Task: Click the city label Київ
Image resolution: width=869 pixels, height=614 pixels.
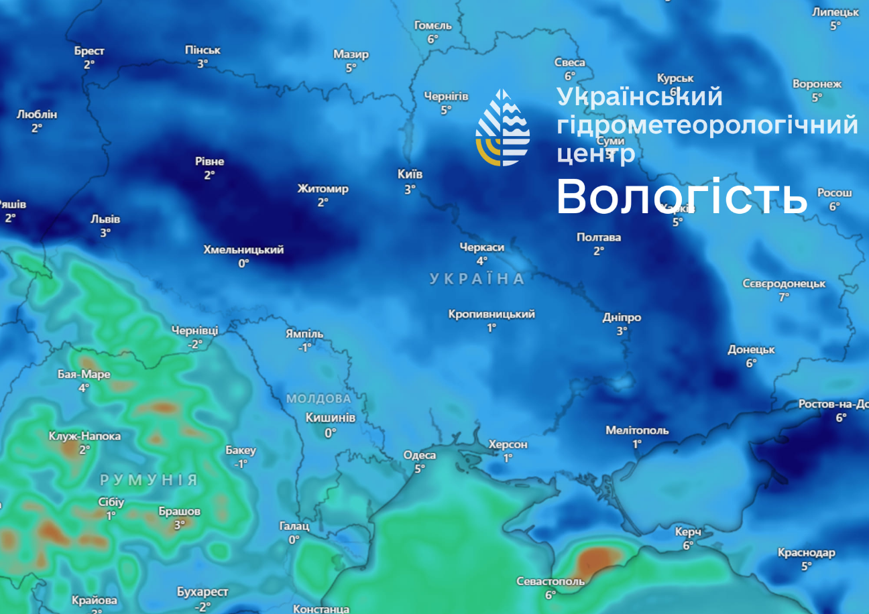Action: point(410,174)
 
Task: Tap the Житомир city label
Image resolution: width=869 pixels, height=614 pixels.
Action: point(323,188)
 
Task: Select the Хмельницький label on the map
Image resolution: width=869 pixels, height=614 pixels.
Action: point(243,249)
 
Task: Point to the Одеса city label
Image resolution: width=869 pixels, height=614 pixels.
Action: point(419,455)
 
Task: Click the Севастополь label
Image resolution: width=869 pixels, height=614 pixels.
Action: point(550,581)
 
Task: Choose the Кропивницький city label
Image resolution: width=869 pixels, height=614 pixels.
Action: point(491,314)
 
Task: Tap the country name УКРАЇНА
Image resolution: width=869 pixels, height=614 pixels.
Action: point(477,279)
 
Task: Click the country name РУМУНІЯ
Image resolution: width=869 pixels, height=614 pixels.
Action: point(149,480)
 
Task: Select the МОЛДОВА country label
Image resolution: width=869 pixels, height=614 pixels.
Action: point(318,399)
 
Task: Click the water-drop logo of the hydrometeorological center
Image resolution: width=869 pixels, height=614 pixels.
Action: point(502,127)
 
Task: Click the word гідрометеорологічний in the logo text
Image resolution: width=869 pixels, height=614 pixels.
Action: point(707,125)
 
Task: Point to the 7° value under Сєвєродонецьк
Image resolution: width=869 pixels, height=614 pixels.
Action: point(784,298)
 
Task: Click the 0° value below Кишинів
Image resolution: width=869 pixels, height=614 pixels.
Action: point(330,433)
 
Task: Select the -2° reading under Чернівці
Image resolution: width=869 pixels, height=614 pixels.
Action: point(194,345)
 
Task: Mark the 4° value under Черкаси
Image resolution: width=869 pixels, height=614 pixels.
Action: point(481,261)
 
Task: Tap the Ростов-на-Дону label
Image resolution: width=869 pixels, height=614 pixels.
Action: point(833,404)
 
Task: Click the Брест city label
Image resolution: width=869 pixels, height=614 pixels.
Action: point(89,51)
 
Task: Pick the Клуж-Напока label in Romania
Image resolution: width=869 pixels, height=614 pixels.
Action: point(84,436)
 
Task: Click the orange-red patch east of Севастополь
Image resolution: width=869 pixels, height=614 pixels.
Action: point(598,558)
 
